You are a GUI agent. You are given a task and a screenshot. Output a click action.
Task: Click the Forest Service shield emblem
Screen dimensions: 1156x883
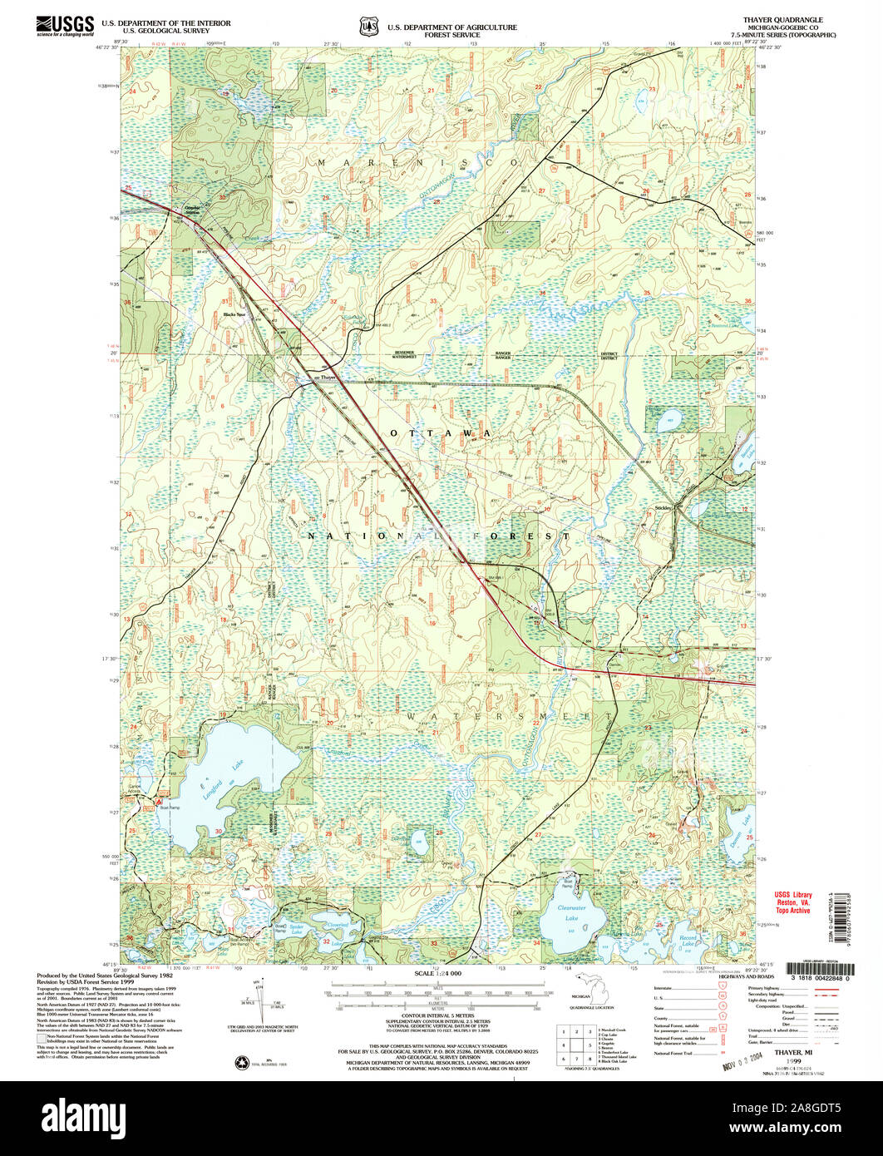[368, 27]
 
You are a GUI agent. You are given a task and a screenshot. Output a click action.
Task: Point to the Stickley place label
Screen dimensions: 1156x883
[663, 507]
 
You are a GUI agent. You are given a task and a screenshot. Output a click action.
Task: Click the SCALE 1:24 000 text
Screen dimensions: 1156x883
[437, 973]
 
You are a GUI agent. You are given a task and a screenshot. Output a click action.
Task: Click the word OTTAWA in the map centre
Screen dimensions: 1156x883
[437, 434]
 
